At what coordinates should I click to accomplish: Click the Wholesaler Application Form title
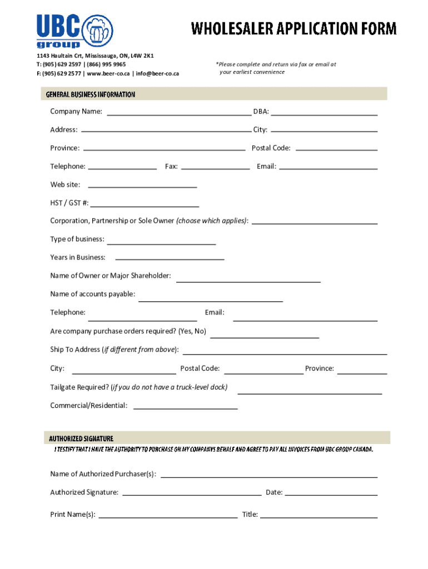[294, 28]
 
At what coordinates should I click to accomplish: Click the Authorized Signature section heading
[81, 438]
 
